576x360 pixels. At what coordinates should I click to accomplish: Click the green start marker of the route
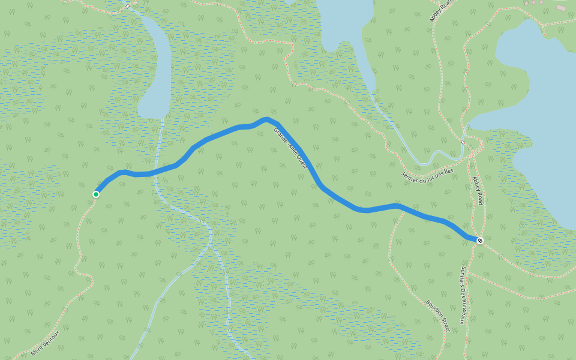[x=96, y=194]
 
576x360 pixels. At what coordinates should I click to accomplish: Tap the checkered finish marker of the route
[x=480, y=241]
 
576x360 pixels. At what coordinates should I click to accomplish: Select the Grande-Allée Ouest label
[x=290, y=148]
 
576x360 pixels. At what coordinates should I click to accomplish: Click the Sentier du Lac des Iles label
[x=427, y=174]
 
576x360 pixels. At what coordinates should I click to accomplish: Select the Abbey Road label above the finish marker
[x=478, y=191]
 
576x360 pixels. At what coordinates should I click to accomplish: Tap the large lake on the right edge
[x=540, y=120]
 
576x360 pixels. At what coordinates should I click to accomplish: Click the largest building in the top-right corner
[x=561, y=7]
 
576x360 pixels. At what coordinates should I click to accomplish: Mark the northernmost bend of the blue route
[x=265, y=119]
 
